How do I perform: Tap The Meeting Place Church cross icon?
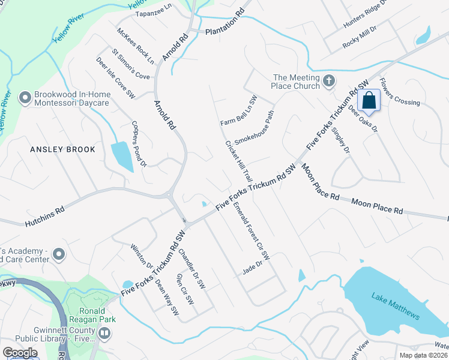tap(328, 81)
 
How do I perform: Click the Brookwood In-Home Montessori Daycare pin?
tap(25, 97)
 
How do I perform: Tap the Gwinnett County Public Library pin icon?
tap(104, 334)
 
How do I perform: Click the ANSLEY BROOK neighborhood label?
tap(62, 149)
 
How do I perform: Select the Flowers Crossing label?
tap(399, 94)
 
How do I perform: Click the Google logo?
tap(20, 353)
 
